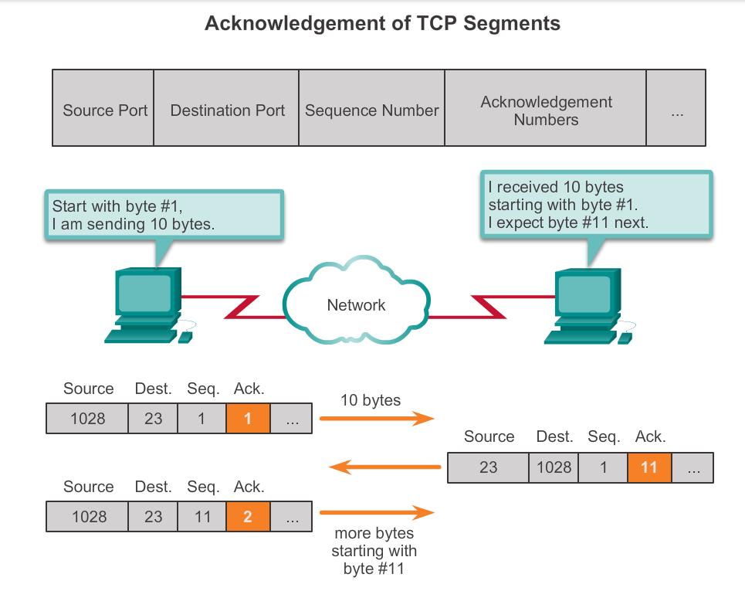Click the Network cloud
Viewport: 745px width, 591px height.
pos(356,304)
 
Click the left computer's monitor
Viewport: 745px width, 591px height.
pos(144,291)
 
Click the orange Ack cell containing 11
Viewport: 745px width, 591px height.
pos(649,467)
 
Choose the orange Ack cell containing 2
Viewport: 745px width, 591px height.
pos(248,517)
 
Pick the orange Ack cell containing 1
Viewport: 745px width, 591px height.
pos(248,419)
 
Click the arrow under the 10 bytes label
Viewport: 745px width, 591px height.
pos(377,419)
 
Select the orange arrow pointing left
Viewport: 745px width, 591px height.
pos(384,467)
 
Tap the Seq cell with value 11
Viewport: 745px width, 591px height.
pos(202,517)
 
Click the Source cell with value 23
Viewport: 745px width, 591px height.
pos(488,467)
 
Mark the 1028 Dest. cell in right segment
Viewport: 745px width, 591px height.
pos(554,467)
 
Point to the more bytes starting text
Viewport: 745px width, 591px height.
pos(374,551)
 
